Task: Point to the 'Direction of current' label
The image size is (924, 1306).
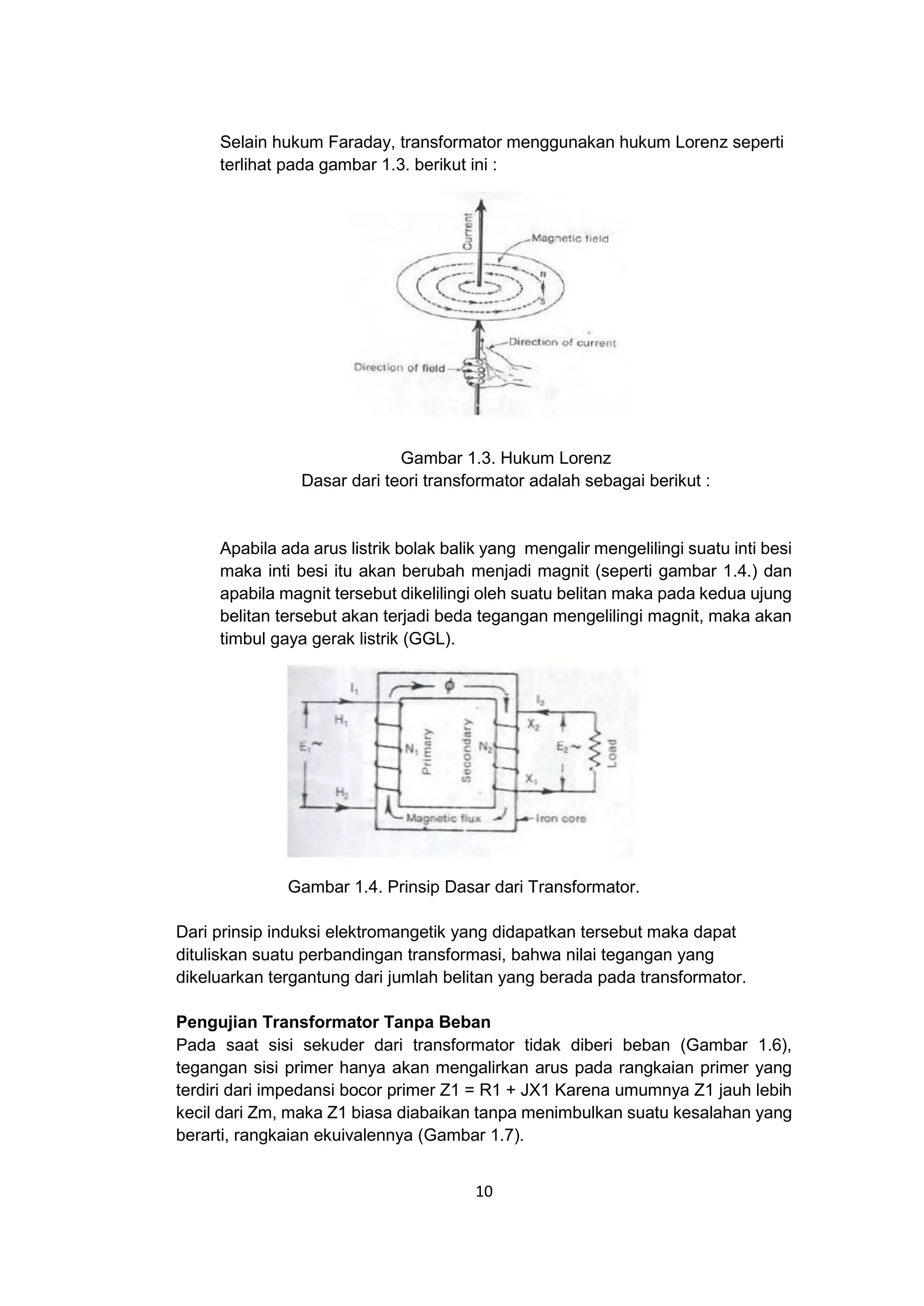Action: point(562,343)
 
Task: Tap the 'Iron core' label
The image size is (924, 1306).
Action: point(561,819)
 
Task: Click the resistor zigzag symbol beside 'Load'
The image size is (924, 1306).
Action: point(596,751)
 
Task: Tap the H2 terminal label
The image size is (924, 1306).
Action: point(342,792)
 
